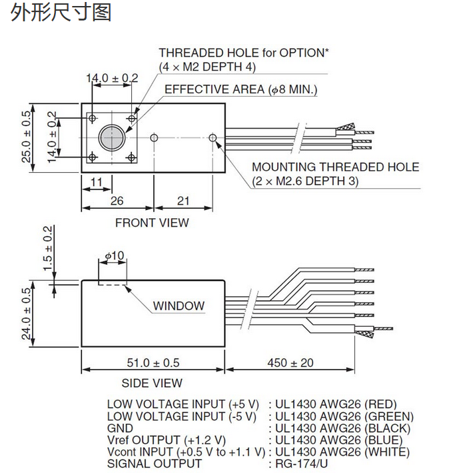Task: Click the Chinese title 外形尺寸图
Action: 61,12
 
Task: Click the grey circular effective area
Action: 111,138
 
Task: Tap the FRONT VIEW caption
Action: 152,223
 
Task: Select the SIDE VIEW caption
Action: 152,383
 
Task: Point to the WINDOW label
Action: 179,306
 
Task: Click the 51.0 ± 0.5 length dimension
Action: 153,363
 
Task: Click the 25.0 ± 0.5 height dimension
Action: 27,137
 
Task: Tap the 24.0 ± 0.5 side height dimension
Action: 27,314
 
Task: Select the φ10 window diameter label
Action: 115,256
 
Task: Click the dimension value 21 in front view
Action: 183,201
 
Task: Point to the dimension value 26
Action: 117,201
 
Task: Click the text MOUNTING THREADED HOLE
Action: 335,167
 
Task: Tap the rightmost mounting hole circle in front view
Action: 213,137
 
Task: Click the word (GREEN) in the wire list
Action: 379,416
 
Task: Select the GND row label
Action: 120,428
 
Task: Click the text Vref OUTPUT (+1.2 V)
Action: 166,440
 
